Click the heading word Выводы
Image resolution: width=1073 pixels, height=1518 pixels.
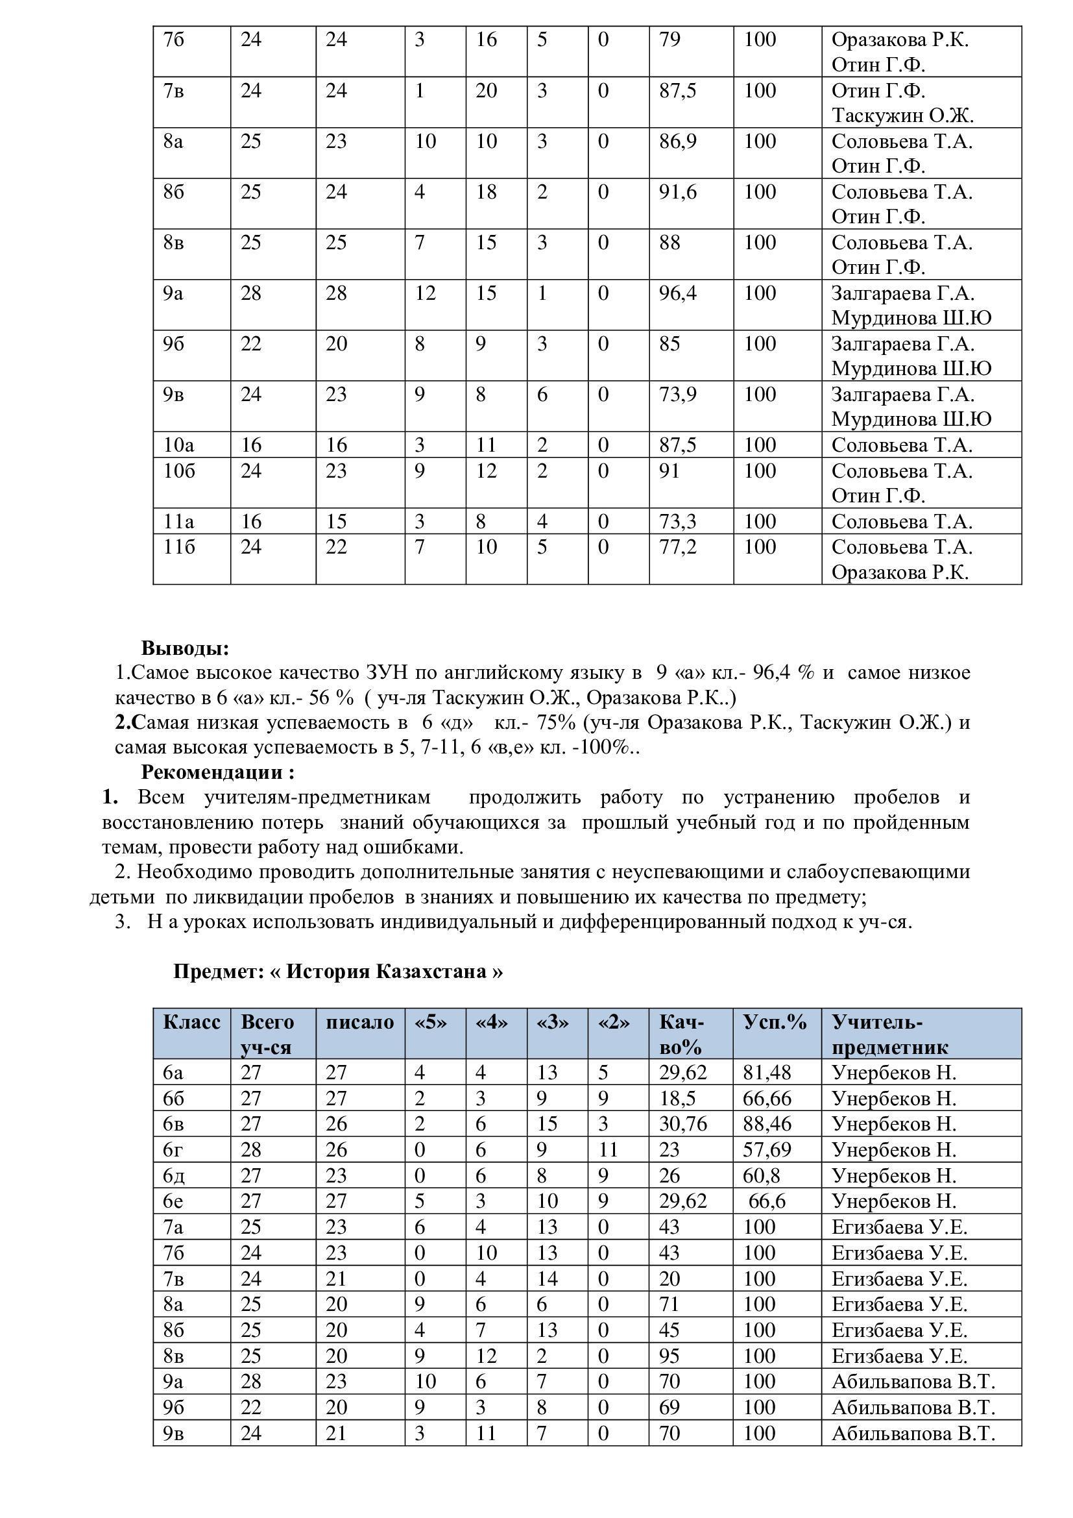185,648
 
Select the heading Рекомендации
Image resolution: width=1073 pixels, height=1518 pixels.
217,772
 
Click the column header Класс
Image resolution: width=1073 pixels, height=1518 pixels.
191,1022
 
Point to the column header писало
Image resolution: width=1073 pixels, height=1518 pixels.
359,1022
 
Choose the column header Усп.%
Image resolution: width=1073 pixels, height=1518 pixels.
775,1022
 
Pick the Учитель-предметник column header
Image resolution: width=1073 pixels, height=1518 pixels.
889,1034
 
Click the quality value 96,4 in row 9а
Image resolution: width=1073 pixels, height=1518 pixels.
678,293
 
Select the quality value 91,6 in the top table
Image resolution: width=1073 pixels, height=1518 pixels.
678,191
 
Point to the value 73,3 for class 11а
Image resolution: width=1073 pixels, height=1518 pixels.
678,522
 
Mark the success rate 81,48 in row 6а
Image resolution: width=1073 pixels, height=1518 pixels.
767,1072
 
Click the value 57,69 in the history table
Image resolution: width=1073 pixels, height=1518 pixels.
767,1150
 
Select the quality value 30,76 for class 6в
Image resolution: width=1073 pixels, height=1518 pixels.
683,1124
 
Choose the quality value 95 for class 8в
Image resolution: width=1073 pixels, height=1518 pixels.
669,1356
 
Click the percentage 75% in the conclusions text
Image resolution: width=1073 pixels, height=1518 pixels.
557,722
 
